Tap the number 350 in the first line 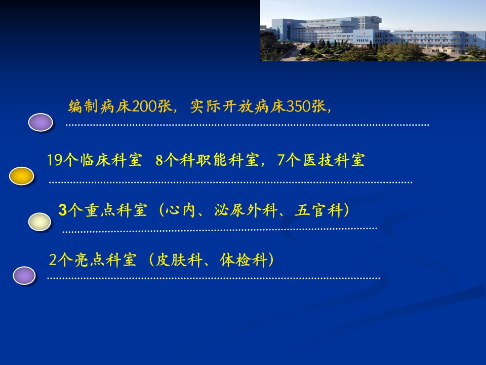point(299,106)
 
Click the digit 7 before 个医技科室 point(281,161)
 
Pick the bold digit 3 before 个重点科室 point(63,210)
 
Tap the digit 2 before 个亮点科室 point(53,260)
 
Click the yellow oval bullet point(22,176)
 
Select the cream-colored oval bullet point(39,222)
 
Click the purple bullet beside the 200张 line point(40,122)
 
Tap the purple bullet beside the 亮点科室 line point(24,276)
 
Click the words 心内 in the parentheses point(180,210)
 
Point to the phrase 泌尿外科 point(246,210)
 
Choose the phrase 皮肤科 point(179,260)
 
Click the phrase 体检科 point(244,260)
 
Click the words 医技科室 point(334,161)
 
